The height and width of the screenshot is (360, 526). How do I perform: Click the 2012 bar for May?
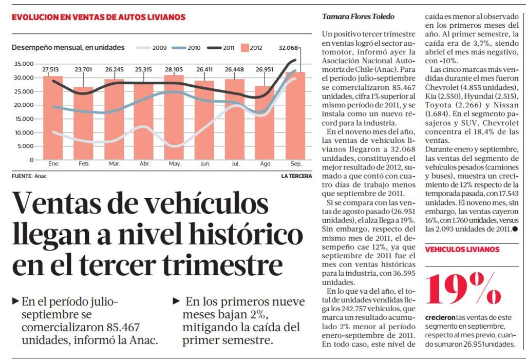pyautogui.click(x=174, y=118)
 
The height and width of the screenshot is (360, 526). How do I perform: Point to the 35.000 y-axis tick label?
pyautogui.click(x=24, y=64)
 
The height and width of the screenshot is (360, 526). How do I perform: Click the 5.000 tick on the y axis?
pyautogui.click(x=25, y=146)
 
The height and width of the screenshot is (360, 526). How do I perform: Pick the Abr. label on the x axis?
pyautogui.click(x=145, y=164)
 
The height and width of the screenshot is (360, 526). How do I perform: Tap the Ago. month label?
pyautogui.click(x=266, y=164)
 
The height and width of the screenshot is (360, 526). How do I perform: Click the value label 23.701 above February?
pyautogui.click(x=83, y=69)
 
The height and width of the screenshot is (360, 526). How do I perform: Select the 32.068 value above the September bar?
pyautogui.click(x=288, y=48)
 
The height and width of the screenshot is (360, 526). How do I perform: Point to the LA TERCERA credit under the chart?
pyautogui.click(x=296, y=176)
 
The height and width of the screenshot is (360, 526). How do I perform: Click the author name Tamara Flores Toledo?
pyautogui.click(x=358, y=16)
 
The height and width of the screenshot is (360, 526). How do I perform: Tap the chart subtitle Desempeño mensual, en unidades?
pyautogui.click(x=68, y=48)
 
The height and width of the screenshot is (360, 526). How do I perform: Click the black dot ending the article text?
pyautogui.click(x=514, y=229)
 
